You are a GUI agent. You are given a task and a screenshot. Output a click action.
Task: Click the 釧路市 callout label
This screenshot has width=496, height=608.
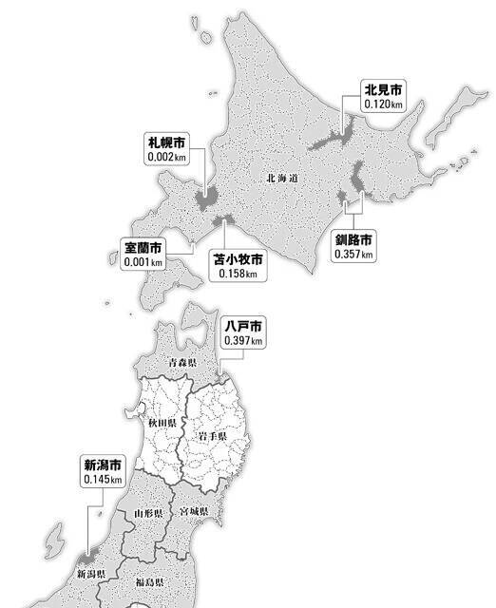(353, 240)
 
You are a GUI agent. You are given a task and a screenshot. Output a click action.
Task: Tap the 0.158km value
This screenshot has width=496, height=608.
(238, 274)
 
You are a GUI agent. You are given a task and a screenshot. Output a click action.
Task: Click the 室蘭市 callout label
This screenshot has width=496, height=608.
(143, 247)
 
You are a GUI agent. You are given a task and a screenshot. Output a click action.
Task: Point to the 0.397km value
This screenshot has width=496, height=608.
(242, 340)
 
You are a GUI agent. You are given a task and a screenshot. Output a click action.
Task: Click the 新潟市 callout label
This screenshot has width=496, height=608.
(102, 465)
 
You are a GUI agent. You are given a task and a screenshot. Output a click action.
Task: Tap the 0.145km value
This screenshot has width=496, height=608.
(102, 479)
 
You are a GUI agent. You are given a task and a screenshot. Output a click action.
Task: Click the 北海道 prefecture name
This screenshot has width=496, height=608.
(282, 178)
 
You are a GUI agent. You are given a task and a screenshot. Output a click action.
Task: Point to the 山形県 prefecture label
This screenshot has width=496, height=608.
(151, 512)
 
